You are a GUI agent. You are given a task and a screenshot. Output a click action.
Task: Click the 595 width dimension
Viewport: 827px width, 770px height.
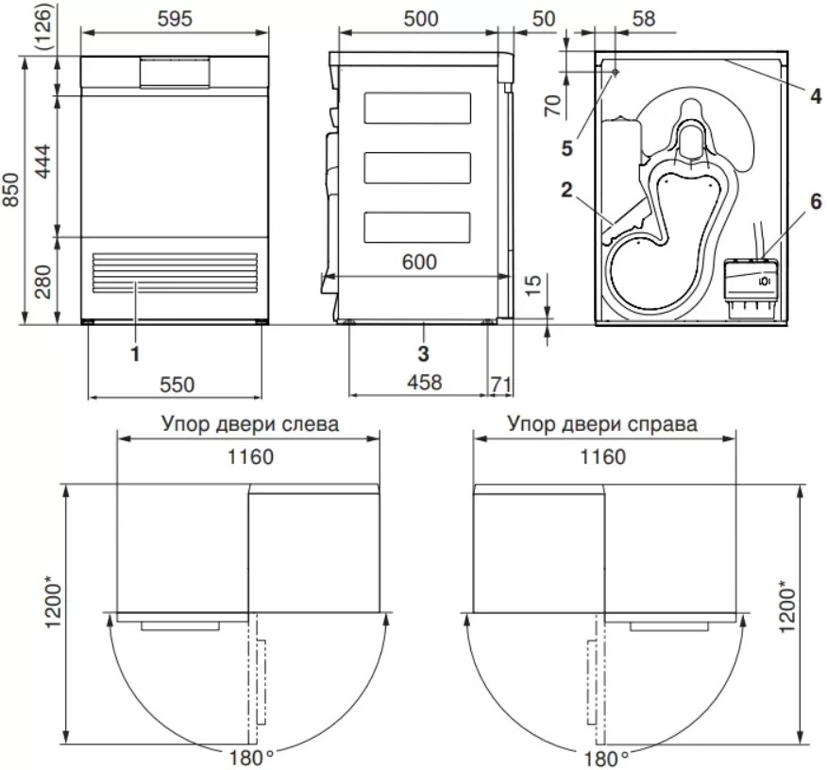[x=175, y=19]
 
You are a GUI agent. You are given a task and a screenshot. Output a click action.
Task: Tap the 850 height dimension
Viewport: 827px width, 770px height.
[x=10, y=190]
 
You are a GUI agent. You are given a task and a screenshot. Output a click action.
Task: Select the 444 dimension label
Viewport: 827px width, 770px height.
[x=42, y=161]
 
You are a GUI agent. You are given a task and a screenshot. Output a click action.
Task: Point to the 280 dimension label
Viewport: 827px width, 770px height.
[x=42, y=282]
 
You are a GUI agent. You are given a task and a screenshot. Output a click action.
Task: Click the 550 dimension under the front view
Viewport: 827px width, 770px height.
[x=177, y=385]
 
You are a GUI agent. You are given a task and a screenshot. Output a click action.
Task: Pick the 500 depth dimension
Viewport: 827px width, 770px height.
[x=421, y=19]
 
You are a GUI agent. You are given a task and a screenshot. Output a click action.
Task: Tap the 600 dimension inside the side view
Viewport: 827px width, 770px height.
[x=419, y=262]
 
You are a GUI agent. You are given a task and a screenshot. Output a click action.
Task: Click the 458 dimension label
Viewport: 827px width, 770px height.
[x=425, y=382]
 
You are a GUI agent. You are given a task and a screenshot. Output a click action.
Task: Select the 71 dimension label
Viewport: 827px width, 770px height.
[x=500, y=384]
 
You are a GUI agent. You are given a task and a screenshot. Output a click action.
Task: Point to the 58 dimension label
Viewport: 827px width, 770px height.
[x=644, y=19]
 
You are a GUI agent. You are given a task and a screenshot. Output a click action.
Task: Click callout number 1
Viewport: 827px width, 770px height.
[x=135, y=353]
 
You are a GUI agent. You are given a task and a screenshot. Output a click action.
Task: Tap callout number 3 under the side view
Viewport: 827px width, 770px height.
[x=423, y=353]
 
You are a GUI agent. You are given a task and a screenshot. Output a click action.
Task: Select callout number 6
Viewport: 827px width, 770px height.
[x=816, y=201]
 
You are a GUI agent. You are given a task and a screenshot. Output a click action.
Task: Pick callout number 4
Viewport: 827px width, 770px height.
[x=816, y=96]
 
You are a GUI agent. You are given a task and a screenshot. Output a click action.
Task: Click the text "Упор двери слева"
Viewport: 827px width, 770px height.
[x=250, y=424]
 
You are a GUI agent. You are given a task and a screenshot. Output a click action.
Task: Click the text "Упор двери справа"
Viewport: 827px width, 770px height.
[x=602, y=424]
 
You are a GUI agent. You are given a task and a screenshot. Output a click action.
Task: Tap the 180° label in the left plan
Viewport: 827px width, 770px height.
[x=251, y=758]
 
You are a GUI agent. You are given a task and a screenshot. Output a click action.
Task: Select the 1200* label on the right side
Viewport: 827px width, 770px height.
[x=786, y=607]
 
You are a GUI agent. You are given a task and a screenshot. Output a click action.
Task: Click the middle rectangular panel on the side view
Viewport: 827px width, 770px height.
[x=417, y=168]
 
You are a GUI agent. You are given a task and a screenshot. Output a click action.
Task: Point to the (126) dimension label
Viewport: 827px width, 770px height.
[x=42, y=26]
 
